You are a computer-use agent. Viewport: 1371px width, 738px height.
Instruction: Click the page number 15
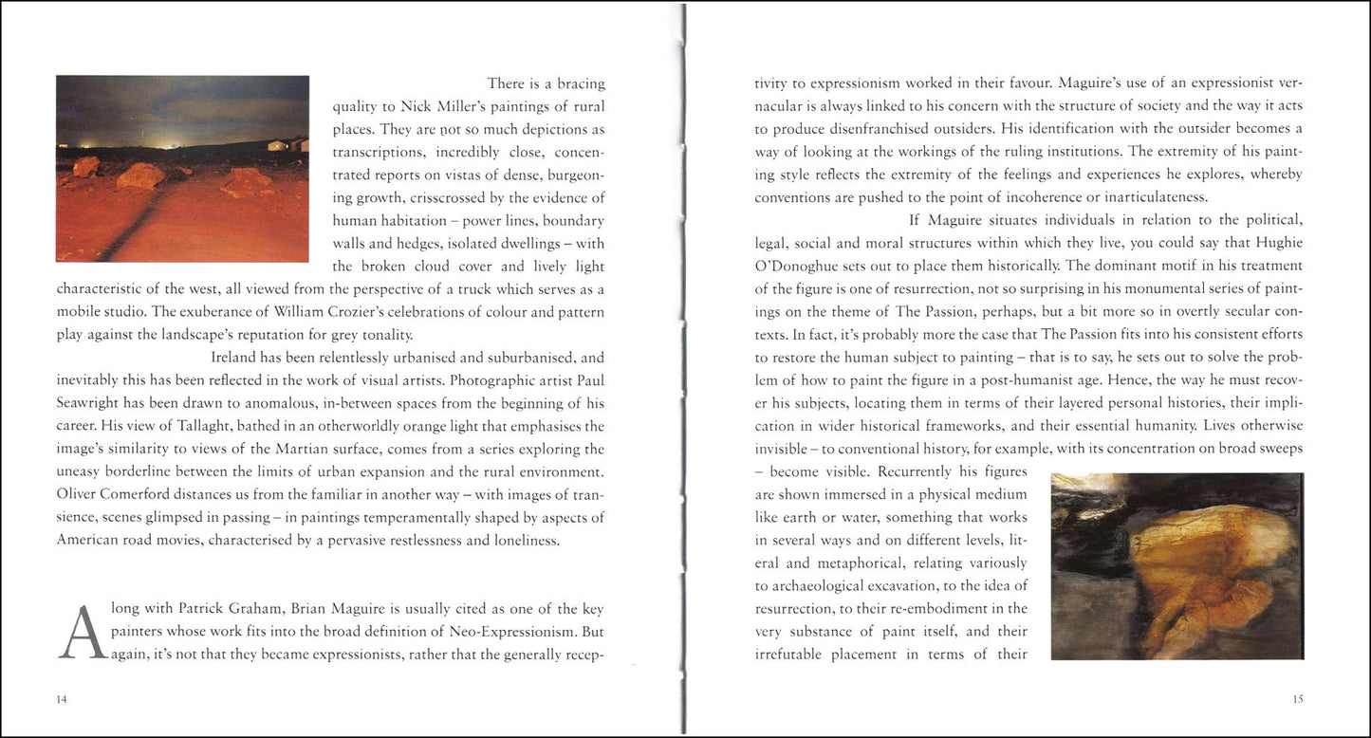tap(1297, 699)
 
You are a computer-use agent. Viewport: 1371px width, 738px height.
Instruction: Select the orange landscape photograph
tap(182, 169)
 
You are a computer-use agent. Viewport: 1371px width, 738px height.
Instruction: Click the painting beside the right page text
tap(1176, 565)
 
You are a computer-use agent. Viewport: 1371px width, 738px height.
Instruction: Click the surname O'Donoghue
tap(801, 266)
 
